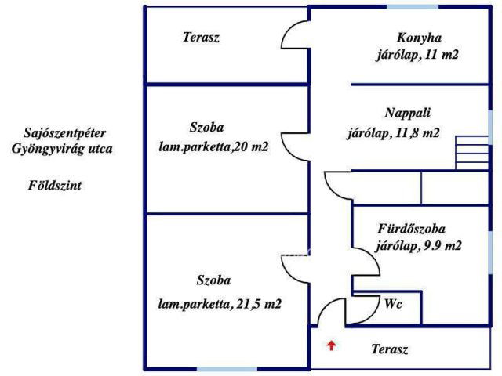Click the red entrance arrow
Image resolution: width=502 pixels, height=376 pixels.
(x=332, y=345)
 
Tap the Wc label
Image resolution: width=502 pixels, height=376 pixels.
(x=393, y=304)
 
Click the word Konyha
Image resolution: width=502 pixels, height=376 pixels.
(x=420, y=38)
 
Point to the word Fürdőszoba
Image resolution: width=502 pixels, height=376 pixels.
(x=412, y=230)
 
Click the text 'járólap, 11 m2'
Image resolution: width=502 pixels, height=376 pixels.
(x=416, y=56)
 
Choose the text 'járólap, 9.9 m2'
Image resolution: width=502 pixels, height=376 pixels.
(x=418, y=246)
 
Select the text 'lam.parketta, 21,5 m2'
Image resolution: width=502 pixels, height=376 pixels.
(x=220, y=304)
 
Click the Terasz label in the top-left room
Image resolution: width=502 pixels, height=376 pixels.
(x=201, y=37)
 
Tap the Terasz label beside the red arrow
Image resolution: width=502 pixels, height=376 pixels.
(x=390, y=349)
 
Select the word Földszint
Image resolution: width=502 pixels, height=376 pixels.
(x=55, y=186)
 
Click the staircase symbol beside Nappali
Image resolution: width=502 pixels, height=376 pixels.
(x=471, y=152)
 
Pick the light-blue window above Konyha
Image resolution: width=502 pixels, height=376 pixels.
(x=412, y=7)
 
